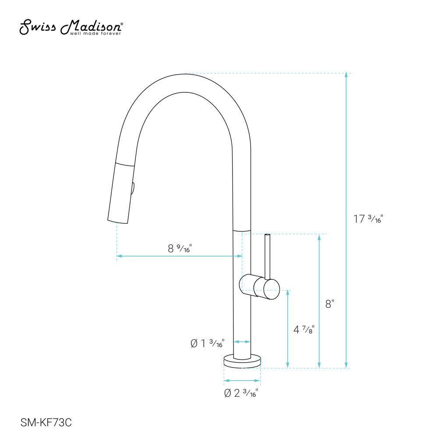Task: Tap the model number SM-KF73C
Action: pos(46,423)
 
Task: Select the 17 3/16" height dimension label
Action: pos(368,219)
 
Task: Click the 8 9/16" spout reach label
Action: pos(180,248)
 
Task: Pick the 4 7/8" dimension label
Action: pos(304,329)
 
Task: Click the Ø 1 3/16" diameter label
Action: pos(208,343)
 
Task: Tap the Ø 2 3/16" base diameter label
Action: pos(241,393)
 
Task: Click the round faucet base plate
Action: pos(242,360)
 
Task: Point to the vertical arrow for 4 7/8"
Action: pos(288,328)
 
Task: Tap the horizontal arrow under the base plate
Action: pos(242,380)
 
